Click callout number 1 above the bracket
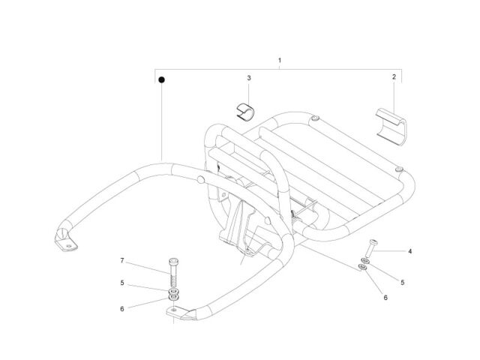tap(280, 60)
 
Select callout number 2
tap(394, 76)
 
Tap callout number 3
tap(249, 78)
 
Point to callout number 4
tap(410, 251)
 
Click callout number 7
tap(122, 260)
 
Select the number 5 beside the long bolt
tap(122, 283)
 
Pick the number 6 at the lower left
tap(122, 309)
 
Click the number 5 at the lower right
tap(403, 283)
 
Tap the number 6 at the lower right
tap(385, 298)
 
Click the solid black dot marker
tap(162, 80)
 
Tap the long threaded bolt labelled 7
tap(173, 272)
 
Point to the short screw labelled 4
tap(371, 248)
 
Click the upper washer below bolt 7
tap(173, 290)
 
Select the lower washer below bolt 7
tap(173, 297)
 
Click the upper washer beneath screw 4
tap(364, 261)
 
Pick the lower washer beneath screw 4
tap(363, 268)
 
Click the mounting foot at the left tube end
tap(65, 241)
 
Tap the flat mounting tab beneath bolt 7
tap(181, 313)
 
